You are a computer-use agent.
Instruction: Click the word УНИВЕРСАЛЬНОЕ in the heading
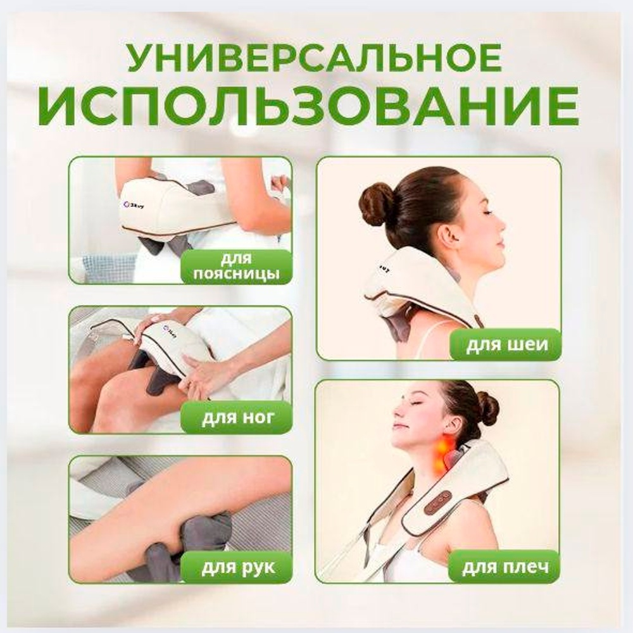coord(315,58)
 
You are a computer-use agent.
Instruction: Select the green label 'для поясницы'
coord(236,266)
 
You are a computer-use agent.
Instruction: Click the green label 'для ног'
coord(236,417)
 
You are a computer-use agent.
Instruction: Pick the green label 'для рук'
coord(236,567)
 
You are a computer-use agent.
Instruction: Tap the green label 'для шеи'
coord(506,345)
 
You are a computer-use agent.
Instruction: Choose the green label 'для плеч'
coord(505,566)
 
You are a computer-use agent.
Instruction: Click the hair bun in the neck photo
coord(377,204)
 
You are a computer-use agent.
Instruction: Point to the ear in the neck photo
coord(449,237)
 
